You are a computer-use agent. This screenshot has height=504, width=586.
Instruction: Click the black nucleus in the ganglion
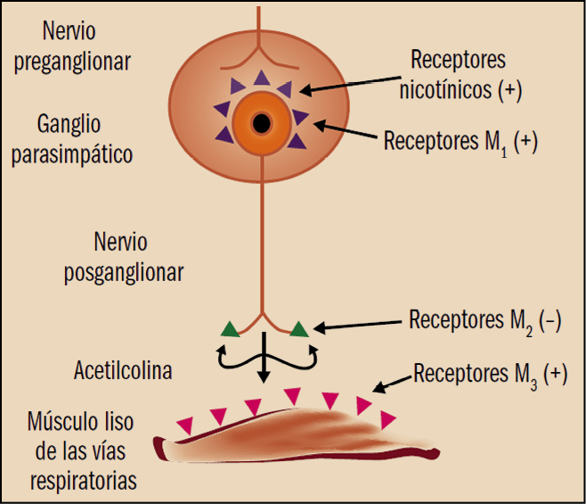[262, 121]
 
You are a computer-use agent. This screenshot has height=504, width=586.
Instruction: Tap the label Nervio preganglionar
[85, 47]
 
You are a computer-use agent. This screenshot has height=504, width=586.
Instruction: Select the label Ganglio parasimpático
[85, 137]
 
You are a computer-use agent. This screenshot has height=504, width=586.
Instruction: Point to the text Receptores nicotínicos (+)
[458, 74]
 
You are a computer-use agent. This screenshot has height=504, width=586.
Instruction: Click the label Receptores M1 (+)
[460, 142]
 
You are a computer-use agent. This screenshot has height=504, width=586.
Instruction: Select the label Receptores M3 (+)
[490, 374]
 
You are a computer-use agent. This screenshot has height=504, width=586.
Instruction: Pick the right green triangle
[298, 328]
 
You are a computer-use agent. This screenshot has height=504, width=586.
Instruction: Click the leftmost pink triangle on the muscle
[184, 426]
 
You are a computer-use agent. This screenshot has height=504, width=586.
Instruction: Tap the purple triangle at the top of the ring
[261, 78]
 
